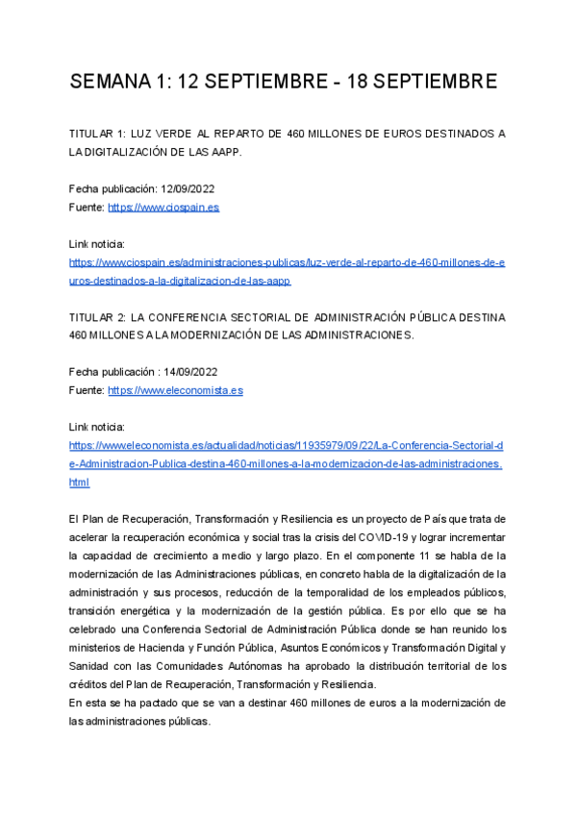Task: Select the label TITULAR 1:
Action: point(99,133)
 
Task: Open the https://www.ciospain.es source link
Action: point(163,207)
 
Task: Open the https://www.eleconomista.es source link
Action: point(175,391)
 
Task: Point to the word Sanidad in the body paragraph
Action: point(92,666)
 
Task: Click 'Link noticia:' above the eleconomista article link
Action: point(97,427)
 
